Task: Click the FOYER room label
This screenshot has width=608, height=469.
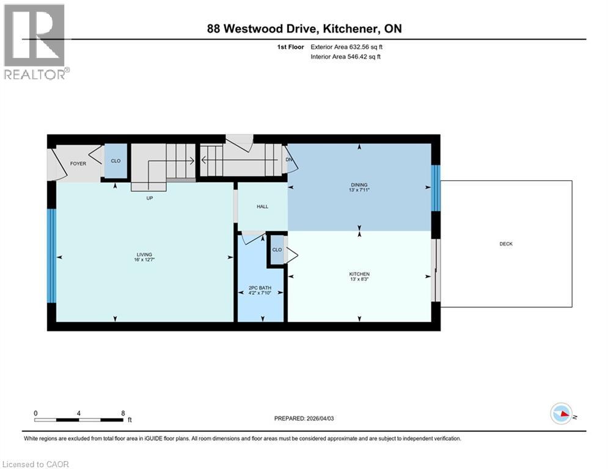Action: (x=78, y=164)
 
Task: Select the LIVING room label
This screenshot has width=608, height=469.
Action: (x=144, y=255)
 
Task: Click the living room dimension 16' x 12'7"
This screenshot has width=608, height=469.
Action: (x=144, y=260)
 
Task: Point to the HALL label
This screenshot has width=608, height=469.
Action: (x=262, y=206)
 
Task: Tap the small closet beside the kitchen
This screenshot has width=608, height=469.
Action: (x=277, y=250)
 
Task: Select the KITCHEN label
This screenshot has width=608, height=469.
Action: (x=359, y=274)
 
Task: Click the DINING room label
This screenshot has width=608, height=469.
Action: (x=359, y=184)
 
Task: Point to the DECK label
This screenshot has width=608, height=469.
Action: (x=506, y=244)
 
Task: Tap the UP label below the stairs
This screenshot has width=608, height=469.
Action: (x=148, y=198)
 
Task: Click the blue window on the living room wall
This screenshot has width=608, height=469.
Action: (x=51, y=256)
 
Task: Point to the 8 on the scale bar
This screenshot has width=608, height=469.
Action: (x=122, y=413)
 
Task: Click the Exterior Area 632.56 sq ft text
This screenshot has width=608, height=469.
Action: (x=347, y=46)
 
